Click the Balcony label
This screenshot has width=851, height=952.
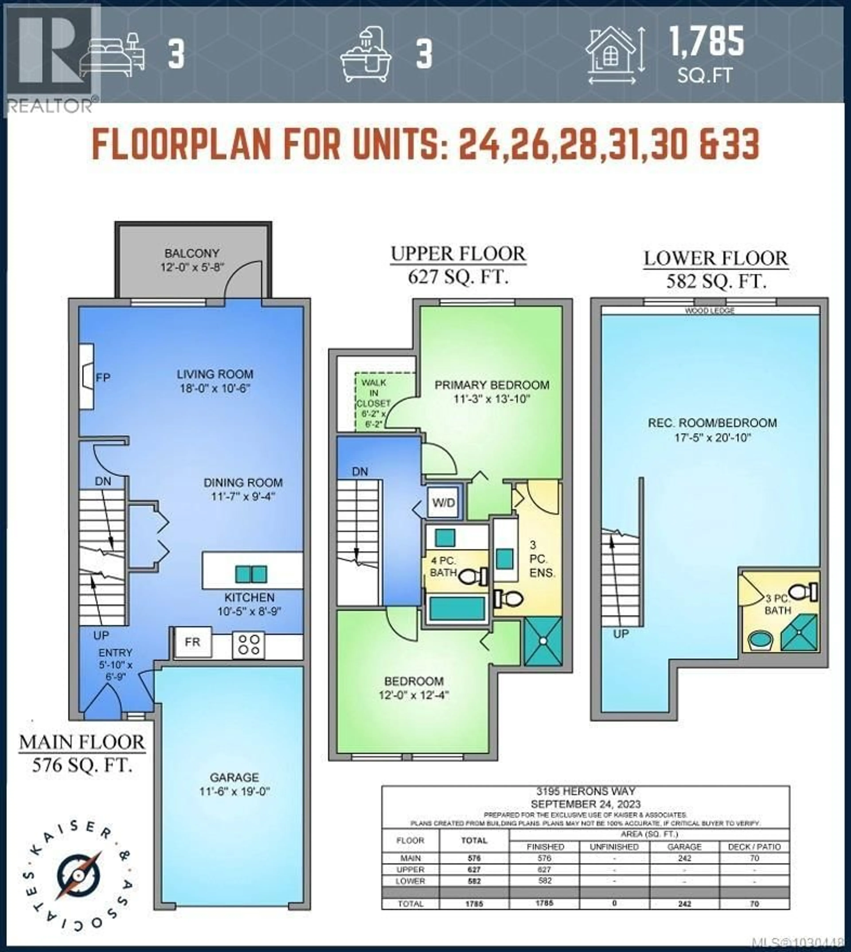click(192, 254)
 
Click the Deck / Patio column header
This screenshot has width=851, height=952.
click(754, 847)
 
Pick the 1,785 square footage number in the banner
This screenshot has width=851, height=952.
click(707, 41)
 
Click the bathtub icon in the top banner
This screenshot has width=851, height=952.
click(366, 55)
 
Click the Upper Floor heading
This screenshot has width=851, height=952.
click(458, 254)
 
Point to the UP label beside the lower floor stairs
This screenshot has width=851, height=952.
click(621, 634)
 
